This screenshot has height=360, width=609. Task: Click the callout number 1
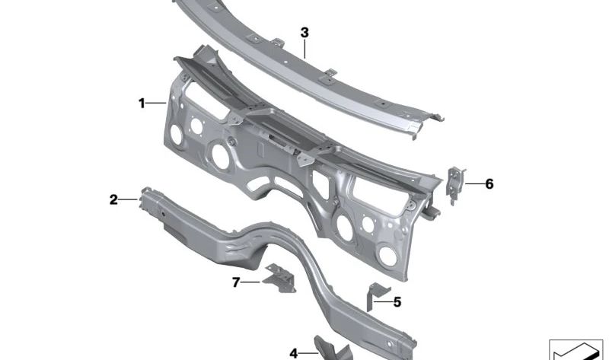(142, 104)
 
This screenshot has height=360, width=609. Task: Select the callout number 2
(113, 200)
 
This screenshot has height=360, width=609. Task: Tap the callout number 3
(304, 33)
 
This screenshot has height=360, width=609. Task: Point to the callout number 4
(294, 354)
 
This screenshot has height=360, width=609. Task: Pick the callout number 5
(397, 301)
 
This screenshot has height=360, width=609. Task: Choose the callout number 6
(489, 183)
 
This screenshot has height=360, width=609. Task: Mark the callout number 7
(236, 282)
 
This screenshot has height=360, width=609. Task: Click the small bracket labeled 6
(454, 185)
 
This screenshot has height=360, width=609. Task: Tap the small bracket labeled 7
(280, 278)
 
